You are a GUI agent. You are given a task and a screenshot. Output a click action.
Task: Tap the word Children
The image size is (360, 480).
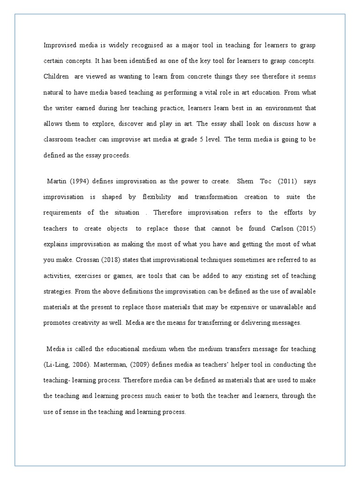point(56,77)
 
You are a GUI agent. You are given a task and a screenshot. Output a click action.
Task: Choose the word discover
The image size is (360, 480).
point(132,124)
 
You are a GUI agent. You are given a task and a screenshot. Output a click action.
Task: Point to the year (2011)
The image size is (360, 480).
point(280,181)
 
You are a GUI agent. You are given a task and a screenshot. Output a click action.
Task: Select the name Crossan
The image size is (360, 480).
point(83,260)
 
